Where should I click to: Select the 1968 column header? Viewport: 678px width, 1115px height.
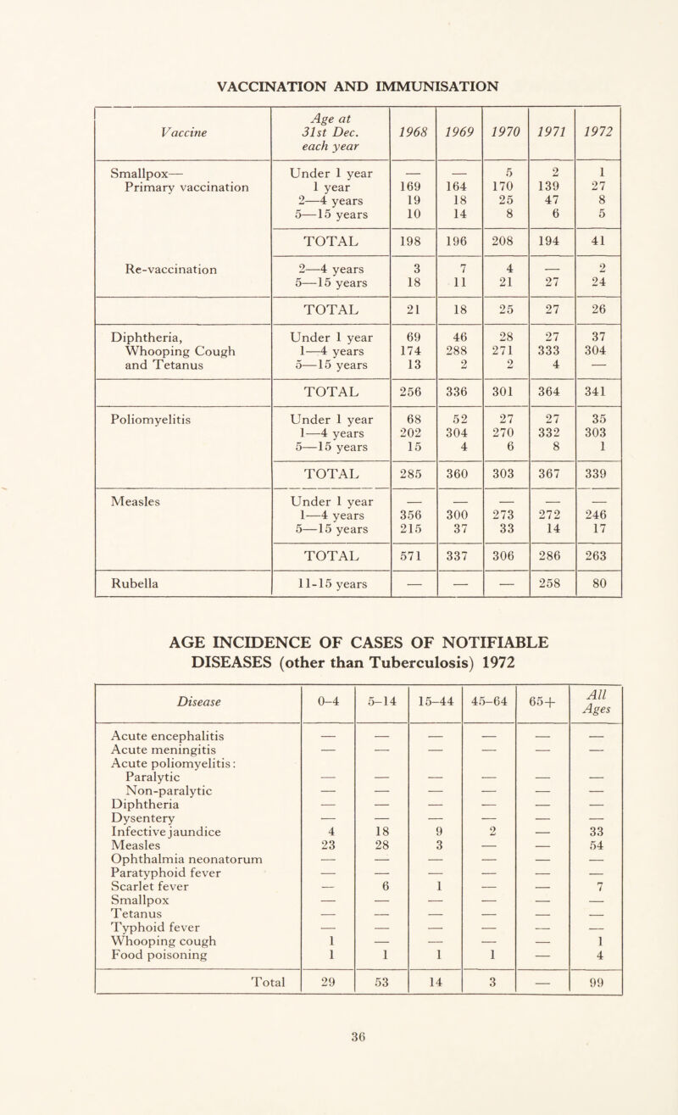[413, 131]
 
